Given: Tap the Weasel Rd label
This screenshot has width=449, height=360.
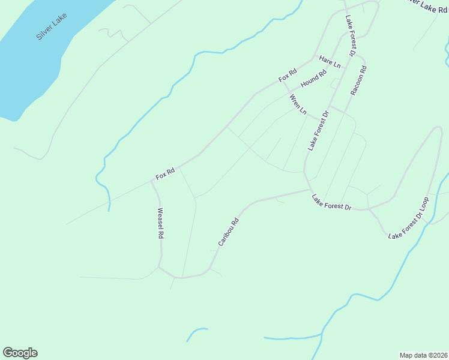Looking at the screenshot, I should point(160,223).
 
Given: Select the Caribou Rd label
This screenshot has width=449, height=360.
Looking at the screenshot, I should point(229,232).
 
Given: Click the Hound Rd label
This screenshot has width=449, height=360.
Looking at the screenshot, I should point(313,79).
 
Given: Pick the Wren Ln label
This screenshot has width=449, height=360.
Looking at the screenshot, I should point(298,104).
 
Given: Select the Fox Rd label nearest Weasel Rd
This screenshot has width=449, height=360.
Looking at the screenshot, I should point(165,174).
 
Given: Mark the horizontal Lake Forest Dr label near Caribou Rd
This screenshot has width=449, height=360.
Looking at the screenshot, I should point(331,202).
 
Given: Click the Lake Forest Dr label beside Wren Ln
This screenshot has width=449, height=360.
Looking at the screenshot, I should point(319,130).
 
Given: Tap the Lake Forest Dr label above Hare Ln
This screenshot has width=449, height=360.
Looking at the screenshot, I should point(351,35).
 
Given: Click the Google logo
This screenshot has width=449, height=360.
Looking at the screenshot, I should point(20,353).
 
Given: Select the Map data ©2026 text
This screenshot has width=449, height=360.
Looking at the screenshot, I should point(423,355).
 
